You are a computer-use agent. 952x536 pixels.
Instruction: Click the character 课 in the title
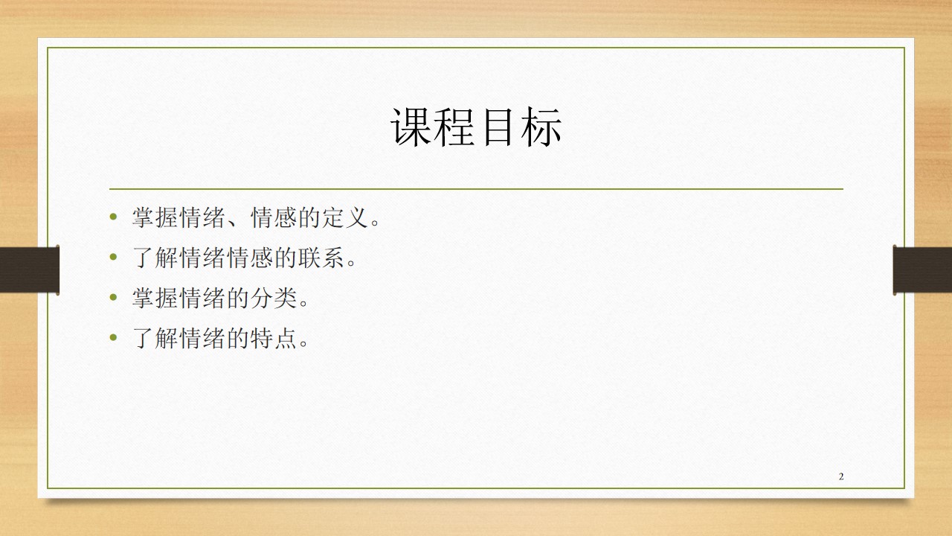click(411, 127)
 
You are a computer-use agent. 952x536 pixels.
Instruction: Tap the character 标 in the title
click(541, 127)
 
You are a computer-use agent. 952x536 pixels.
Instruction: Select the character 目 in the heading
click(498, 127)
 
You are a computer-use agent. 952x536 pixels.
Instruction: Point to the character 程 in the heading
click(454, 127)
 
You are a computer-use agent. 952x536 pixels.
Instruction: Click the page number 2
click(841, 476)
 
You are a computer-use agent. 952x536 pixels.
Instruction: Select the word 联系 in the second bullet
click(321, 258)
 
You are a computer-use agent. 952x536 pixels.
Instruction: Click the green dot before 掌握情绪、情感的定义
click(113, 217)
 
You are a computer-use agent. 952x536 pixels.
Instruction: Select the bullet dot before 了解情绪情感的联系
click(113, 257)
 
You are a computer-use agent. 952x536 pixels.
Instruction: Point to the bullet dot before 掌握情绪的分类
click(113, 297)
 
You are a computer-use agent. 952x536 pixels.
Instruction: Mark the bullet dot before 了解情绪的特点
click(113, 337)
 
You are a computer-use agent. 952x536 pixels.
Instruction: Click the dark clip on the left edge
click(29, 269)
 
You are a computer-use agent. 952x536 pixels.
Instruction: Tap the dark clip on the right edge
click(922, 269)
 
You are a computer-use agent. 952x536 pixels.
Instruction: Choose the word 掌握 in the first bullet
click(155, 218)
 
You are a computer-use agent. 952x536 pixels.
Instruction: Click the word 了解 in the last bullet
click(155, 338)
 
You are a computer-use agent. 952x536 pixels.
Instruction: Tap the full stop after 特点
click(303, 344)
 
